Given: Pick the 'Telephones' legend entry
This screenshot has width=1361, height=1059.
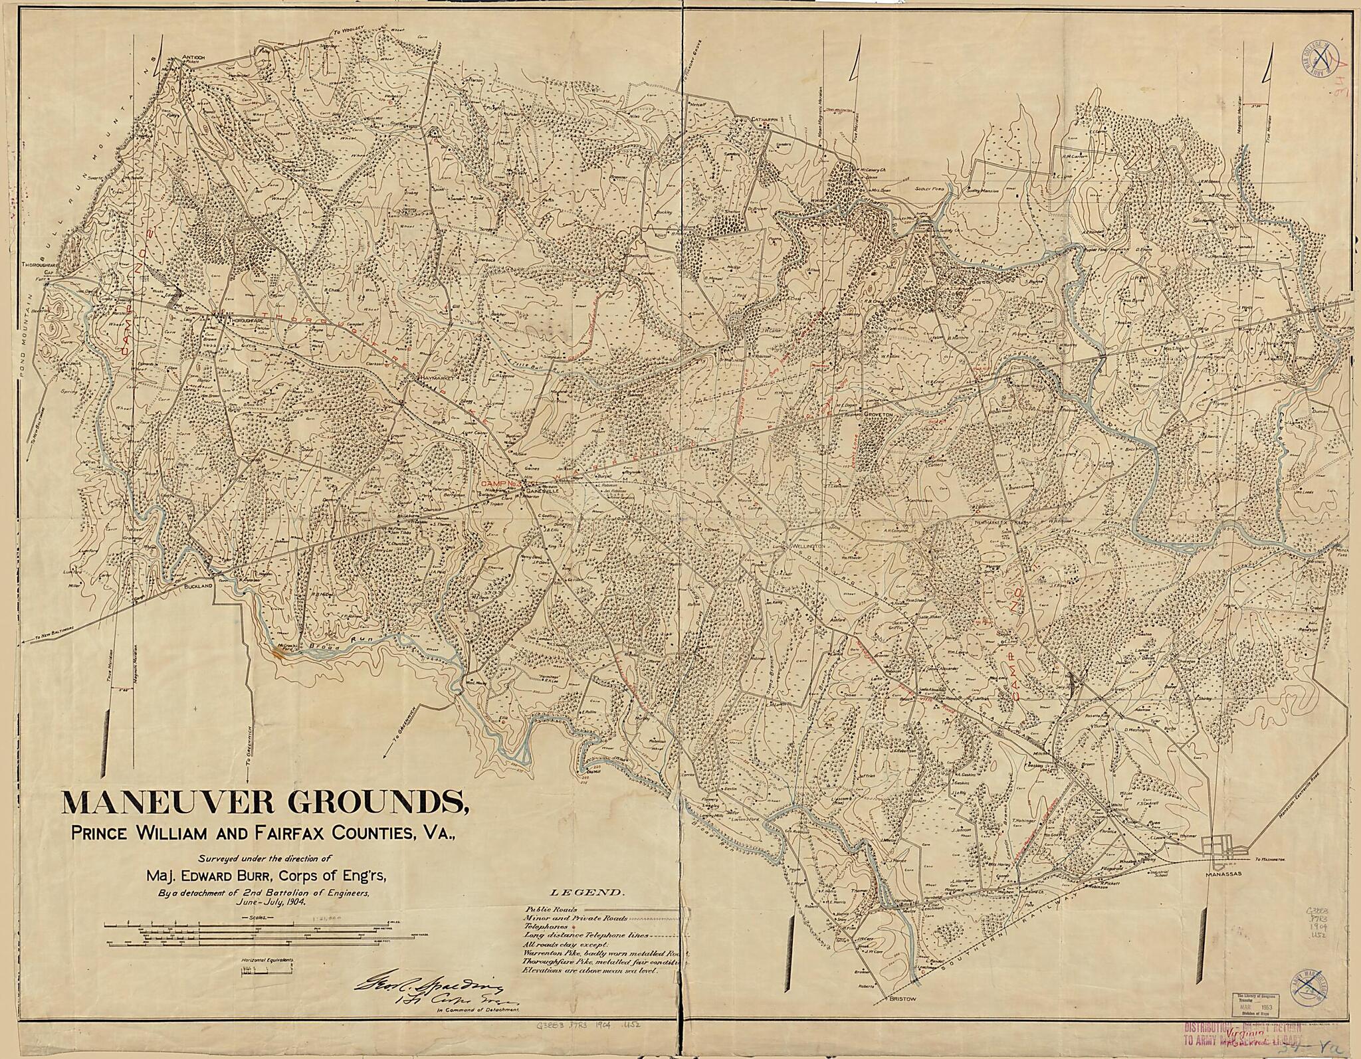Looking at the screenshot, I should pyautogui.click(x=546, y=926).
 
